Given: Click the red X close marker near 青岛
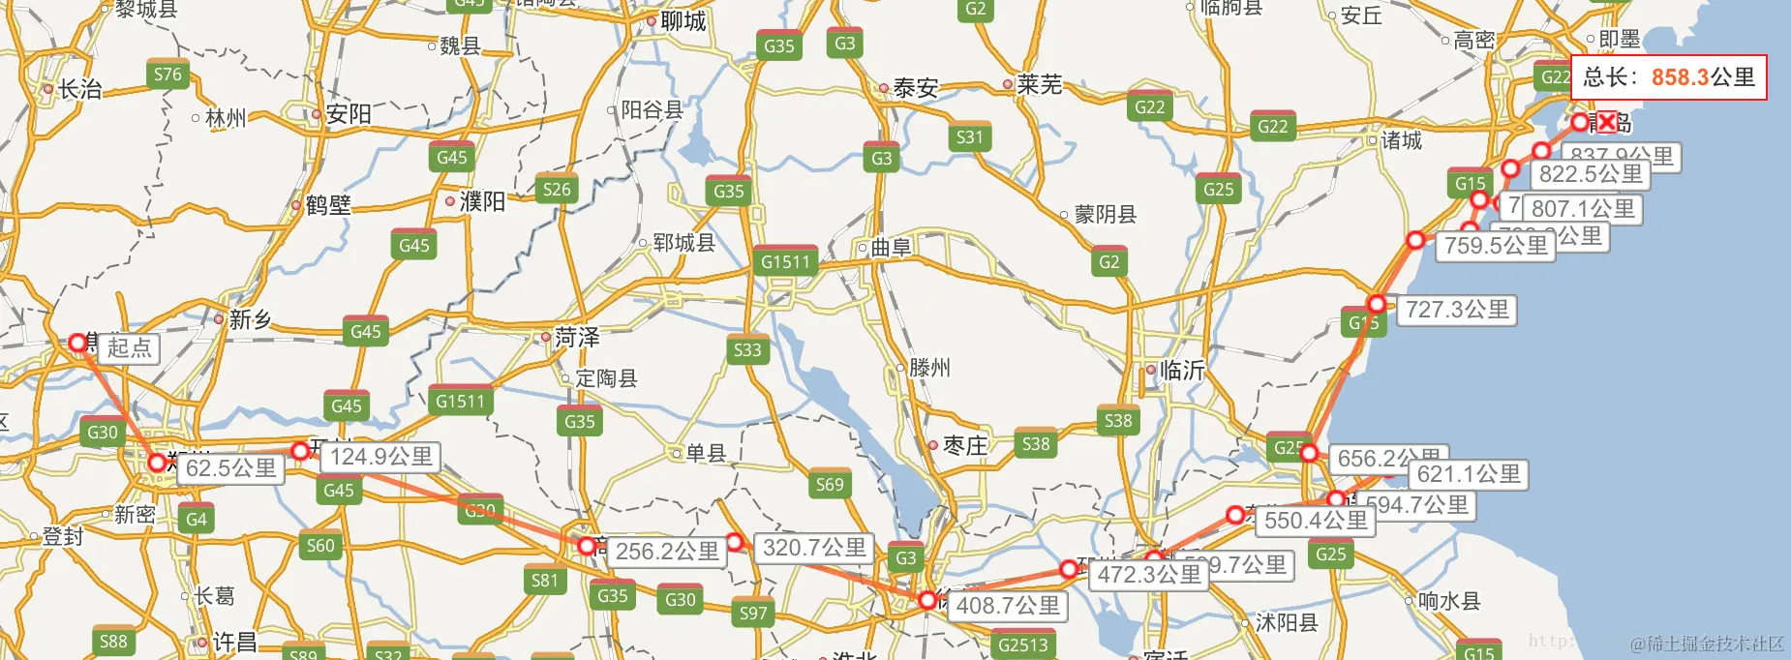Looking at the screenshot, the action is click(1607, 122).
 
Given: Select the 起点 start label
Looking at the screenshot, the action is click(130, 348).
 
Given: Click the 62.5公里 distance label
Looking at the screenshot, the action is click(231, 468).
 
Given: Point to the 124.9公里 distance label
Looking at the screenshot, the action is click(381, 457).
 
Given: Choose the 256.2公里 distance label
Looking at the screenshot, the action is click(667, 552).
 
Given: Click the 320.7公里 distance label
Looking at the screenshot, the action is click(814, 548).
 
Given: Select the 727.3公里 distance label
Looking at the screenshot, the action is click(1457, 310).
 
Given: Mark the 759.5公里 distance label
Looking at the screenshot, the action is click(1496, 246).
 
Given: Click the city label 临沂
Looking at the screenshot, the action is click(1182, 370).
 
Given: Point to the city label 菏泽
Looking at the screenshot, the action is click(577, 338).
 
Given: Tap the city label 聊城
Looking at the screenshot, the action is click(683, 21).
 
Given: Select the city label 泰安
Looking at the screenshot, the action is click(915, 88).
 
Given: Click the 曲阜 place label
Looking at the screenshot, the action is click(891, 248).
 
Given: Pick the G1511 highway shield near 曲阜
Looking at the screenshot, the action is click(785, 261).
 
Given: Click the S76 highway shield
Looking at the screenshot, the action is click(167, 75).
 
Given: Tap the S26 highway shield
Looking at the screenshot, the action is click(557, 190).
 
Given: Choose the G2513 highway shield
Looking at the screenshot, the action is click(1022, 645).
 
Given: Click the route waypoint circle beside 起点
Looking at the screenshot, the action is click(78, 343).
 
